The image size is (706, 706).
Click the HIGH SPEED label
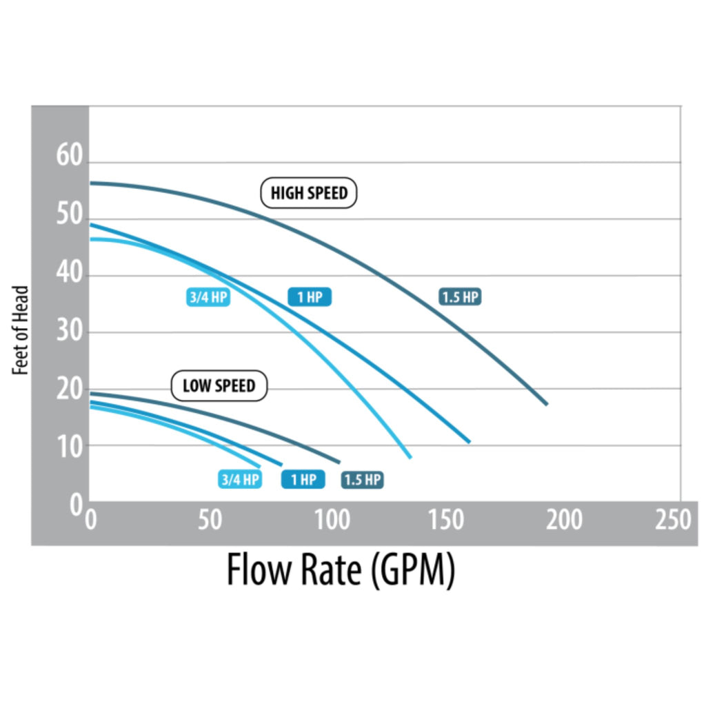(x=309, y=193)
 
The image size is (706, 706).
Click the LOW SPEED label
(x=219, y=386)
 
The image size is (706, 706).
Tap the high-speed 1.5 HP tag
(x=460, y=297)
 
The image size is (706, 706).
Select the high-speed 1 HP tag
(x=310, y=297)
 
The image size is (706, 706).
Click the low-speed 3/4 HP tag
(x=240, y=479)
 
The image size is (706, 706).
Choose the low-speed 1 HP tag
(x=303, y=479)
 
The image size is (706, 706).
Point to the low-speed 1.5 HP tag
(x=363, y=479)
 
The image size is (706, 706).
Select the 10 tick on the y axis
(x=69, y=446)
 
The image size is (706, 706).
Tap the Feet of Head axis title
(x=21, y=330)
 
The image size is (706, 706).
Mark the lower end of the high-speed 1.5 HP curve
(x=547, y=404)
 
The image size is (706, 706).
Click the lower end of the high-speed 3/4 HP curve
(x=410, y=457)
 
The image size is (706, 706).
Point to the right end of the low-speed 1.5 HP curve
(x=339, y=462)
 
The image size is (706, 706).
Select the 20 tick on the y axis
(x=69, y=390)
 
